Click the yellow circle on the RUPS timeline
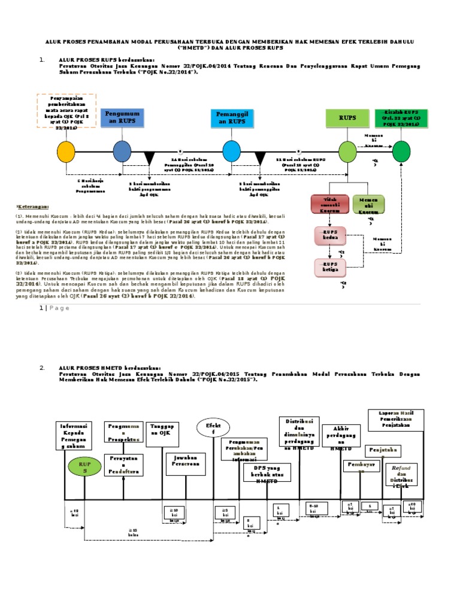(66, 151)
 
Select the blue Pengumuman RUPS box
(122, 117)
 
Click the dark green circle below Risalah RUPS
(401, 151)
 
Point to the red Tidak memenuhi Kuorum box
(330, 204)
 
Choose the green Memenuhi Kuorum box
(368, 204)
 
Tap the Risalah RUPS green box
(401, 118)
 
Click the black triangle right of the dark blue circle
(149, 159)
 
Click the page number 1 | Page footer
(55, 308)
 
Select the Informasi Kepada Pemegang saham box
(75, 436)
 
